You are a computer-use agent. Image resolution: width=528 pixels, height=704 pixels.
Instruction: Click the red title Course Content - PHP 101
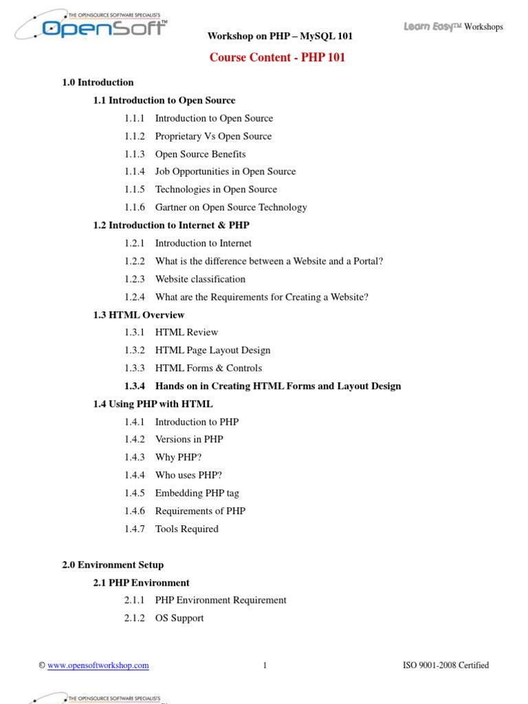pyautogui.click(x=277, y=57)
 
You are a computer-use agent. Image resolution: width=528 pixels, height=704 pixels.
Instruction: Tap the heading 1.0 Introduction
pyautogui.click(x=98, y=82)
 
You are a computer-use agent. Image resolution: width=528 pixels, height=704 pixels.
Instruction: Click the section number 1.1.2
pyautogui.click(x=135, y=136)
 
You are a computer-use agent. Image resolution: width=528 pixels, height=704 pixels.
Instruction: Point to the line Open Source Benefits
pyautogui.click(x=200, y=154)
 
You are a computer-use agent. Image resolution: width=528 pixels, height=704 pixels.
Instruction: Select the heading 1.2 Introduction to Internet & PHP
pyautogui.click(x=171, y=225)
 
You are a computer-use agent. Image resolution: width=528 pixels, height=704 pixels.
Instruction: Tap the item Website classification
pyautogui.click(x=200, y=279)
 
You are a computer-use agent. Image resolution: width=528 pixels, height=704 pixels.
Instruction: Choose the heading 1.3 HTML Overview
pyautogui.click(x=139, y=315)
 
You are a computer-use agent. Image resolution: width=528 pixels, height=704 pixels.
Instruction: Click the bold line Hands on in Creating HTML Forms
pyautogui.click(x=278, y=386)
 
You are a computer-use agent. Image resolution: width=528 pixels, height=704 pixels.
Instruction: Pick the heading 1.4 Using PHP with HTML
pyautogui.click(x=153, y=404)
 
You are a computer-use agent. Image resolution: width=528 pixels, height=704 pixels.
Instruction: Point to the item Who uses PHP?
pyautogui.click(x=188, y=475)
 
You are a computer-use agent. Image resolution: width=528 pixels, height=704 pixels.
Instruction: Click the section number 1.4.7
pyautogui.click(x=135, y=529)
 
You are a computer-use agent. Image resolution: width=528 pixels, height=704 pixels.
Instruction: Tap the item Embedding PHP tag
pyautogui.click(x=197, y=493)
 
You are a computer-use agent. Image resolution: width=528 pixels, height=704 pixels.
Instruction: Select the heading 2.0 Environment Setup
pyautogui.click(x=113, y=565)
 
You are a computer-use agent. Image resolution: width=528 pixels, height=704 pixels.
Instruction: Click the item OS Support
pyautogui.click(x=179, y=618)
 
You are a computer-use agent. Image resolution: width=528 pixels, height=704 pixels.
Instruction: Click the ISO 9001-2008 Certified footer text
pyautogui.click(x=445, y=665)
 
